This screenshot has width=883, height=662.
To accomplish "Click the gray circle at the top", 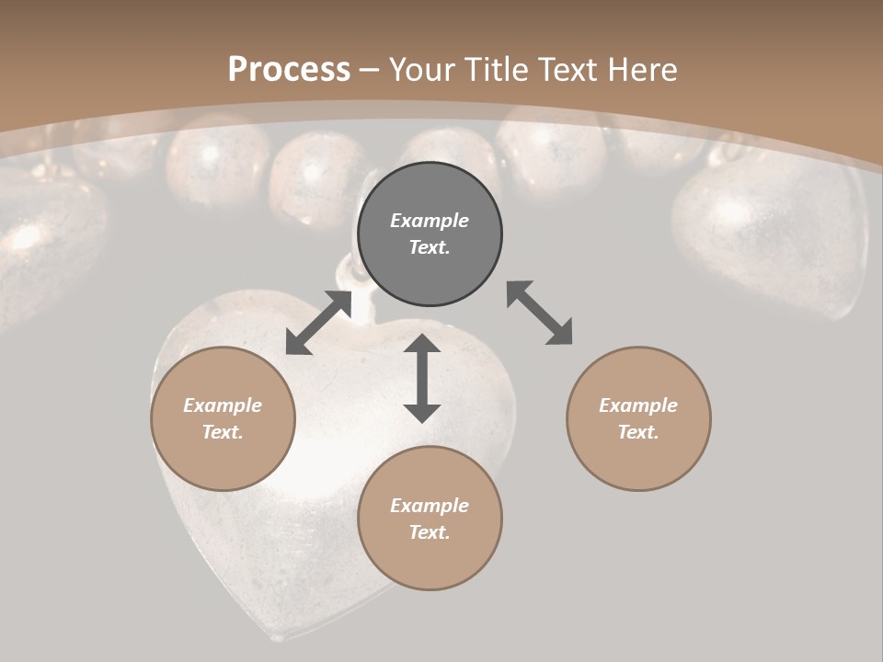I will click(430, 234).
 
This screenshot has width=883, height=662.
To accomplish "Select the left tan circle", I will click(223, 418).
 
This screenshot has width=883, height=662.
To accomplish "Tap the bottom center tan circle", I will click(430, 518).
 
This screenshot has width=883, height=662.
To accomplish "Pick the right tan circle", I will click(638, 418).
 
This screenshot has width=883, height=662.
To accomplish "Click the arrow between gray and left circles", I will click(318, 323).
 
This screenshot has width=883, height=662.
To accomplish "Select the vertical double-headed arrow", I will click(422, 378).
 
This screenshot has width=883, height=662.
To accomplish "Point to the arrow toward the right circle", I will click(539, 313).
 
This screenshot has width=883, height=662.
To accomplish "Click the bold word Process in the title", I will click(289, 69).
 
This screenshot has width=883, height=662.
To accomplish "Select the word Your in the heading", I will click(422, 69).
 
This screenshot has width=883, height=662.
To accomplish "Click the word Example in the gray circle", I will click(430, 221).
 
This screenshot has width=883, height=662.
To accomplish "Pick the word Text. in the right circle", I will click(638, 432).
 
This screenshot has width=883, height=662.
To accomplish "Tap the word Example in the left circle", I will click(223, 405).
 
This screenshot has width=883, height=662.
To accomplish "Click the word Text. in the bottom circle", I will click(430, 532).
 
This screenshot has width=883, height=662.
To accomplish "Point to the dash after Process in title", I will click(369, 70).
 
